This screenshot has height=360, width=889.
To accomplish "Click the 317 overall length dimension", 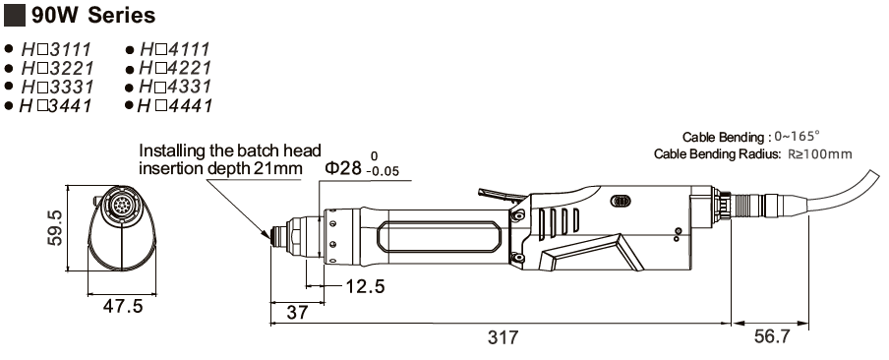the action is [503, 337].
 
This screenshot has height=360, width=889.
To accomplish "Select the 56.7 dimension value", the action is [772, 336].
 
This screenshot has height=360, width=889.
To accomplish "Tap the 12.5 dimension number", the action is [366, 287].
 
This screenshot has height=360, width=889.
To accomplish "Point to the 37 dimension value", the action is [297, 313].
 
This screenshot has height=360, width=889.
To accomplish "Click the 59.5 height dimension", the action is [55, 228].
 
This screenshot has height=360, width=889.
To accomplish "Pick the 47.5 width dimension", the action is [123, 307].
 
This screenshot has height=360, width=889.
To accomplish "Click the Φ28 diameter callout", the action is [342, 168].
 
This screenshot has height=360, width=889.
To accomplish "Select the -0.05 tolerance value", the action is [383, 172].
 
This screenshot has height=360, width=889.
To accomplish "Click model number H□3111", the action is [56, 49].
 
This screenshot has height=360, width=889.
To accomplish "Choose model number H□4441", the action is [175, 106].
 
